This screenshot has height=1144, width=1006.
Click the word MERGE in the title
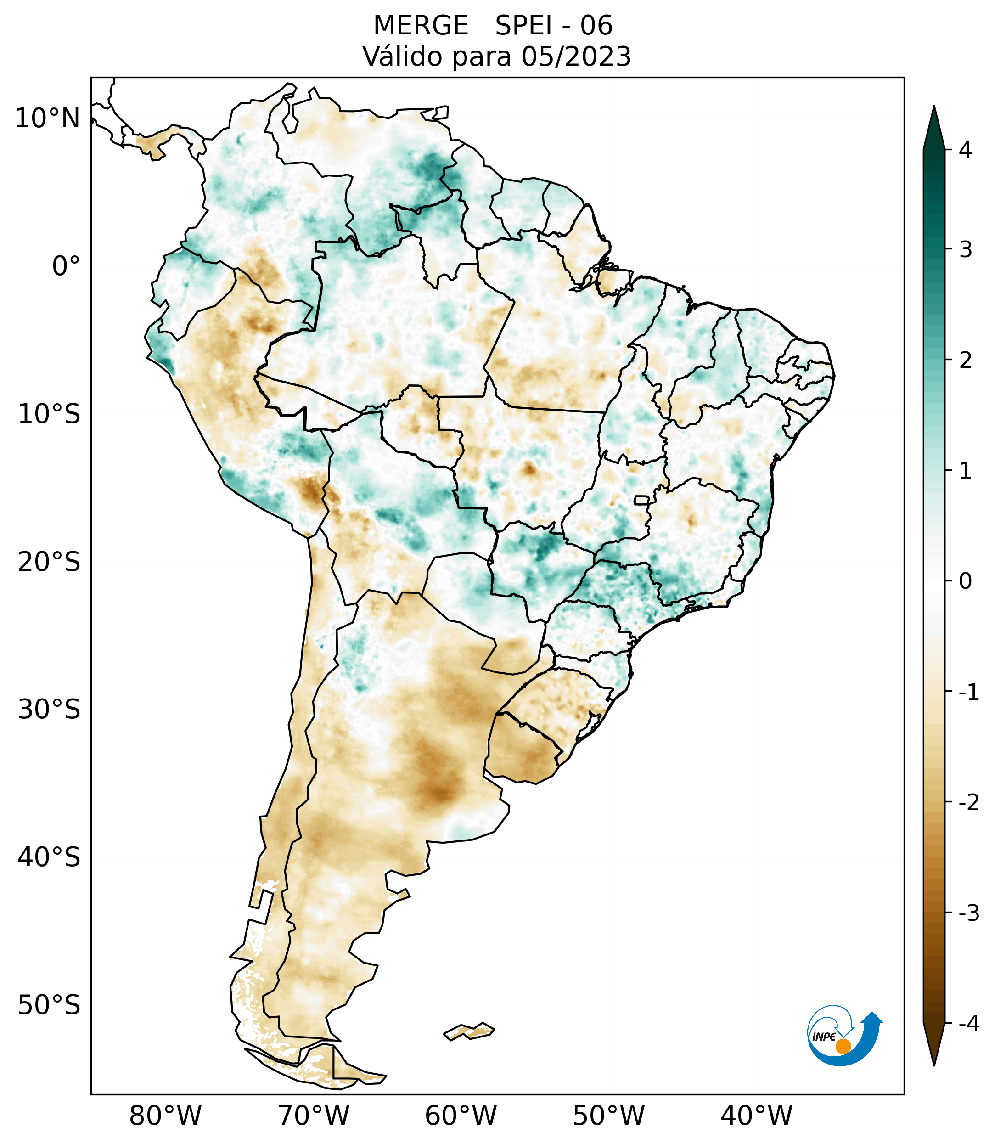click(x=421, y=26)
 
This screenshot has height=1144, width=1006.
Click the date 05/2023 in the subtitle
click(x=576, y=56)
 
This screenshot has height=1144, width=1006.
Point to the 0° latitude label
click(x=66, y=266)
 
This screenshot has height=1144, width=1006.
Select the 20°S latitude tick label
click(x=49, y=562)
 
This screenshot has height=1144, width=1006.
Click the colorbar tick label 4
click(x=965, y=150)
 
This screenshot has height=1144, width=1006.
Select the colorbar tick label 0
click(x=965, y=581)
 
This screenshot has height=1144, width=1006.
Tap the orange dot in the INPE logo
click(x=843, y=1046)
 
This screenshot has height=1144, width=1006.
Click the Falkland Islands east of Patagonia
click(x=469, y=1031)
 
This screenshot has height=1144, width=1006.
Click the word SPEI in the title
click(x=523, y=26)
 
